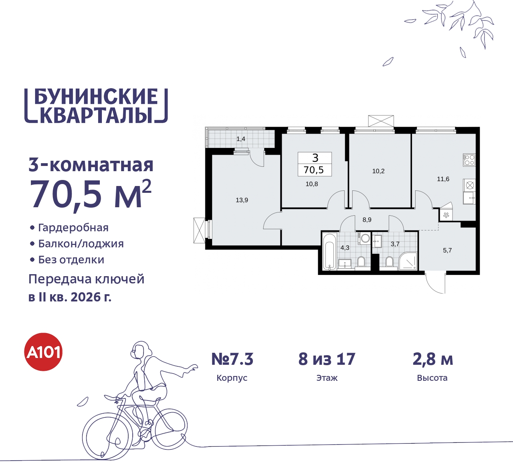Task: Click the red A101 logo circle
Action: click(44, 352)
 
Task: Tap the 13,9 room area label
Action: click(242, 200)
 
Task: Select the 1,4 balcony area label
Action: click(241, 139)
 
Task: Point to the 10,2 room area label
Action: click(378, 171)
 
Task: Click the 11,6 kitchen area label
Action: click(443, 179)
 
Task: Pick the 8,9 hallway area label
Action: click(367, 220)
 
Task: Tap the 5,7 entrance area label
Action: click(447, 251)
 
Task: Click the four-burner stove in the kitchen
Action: click(469, 160)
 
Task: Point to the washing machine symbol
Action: click(365, 239)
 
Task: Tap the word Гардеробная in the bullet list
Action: click(73, 228)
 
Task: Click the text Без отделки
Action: click(71, 260)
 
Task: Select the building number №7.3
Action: click(232, 359)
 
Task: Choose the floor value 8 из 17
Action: click(327, 359)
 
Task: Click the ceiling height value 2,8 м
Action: click(433, 359)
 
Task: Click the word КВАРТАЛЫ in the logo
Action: click(96, 115)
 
